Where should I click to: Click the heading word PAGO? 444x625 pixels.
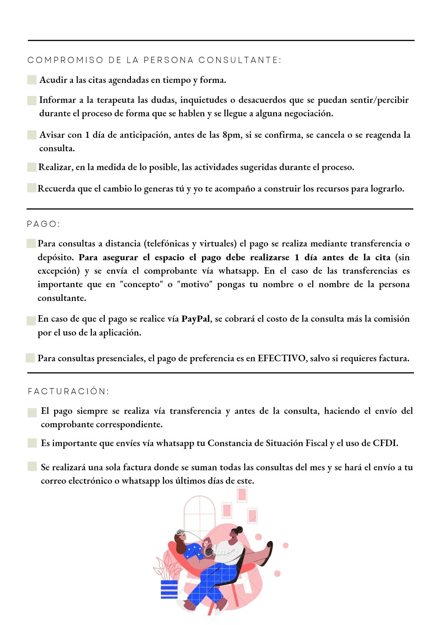pyautogui.click(x=43, y=224)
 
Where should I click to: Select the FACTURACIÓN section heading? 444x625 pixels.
pyautogui.click(x=68, y=391)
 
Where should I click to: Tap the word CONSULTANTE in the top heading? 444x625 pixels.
pyautogui.click(x=240, y=60)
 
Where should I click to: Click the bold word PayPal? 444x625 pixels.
pyautogui.click(x=195, y=319)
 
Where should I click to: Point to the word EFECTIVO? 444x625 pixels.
pyautogui.click(x=282, y=358)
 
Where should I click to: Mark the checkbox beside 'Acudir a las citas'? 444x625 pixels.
pyautogui.click(x=32, y=80)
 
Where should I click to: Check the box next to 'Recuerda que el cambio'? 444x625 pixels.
pyautogui.click(x=31, y=188)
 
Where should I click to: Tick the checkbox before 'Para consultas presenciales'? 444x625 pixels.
pyautogui.click(x=30, y=358)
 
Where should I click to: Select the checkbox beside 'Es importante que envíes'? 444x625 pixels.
pyautogui.click(x=32, y=443)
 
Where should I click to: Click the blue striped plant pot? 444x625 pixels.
pyautogui.click(x=169, y=589)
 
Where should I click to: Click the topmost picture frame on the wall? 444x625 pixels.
pyautogui.click(x=242, y=494)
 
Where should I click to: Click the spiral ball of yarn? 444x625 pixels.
pyautogui.click(x=210, y=552)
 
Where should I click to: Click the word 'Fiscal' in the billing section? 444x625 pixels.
pyautogui.click(x=316, y=443)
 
